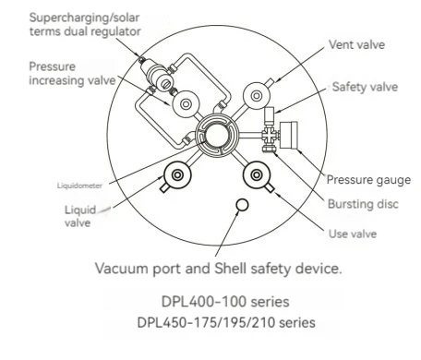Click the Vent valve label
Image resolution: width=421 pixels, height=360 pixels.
356,45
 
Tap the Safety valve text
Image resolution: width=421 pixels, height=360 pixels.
365,87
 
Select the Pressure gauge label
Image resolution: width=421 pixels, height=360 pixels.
368,180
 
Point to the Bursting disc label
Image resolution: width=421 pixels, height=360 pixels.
363,204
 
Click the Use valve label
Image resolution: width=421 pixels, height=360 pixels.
353,234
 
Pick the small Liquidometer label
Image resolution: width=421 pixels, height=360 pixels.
79,186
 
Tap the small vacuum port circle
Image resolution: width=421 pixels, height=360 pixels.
242,205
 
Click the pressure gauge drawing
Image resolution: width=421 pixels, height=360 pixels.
288,135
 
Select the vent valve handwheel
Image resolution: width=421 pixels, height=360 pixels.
257,96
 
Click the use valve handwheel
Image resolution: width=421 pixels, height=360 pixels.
257,175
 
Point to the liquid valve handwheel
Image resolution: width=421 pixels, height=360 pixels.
177,175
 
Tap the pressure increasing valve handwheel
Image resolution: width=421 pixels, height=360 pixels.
186,104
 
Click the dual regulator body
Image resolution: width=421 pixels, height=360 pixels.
160,75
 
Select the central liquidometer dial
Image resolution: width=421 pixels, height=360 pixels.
217,136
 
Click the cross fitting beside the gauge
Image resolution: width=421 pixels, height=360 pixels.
270,135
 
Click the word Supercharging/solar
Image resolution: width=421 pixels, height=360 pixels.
84,18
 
